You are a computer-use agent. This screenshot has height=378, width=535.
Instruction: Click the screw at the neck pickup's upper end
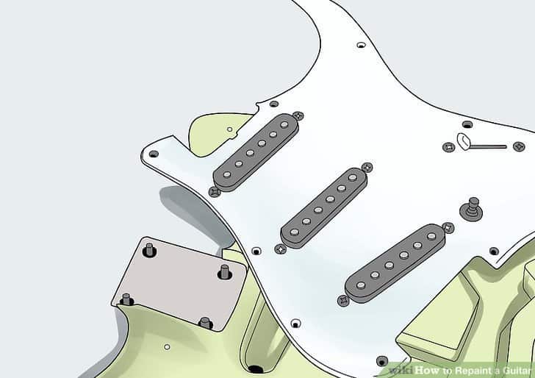point(298,115)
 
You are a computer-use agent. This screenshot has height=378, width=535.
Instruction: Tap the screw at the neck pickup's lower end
point(214,192)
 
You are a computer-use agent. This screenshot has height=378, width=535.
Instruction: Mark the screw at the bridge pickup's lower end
point(343,300)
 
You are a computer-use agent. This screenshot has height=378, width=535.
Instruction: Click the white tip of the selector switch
point(464,140)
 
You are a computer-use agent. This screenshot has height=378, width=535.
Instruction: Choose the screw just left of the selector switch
point(448,147)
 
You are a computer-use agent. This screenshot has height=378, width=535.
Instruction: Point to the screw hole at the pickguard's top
point(361,46)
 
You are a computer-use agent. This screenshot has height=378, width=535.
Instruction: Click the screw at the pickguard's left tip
point(154,154)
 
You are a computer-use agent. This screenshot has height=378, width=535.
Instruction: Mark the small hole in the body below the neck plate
point(167,346)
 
